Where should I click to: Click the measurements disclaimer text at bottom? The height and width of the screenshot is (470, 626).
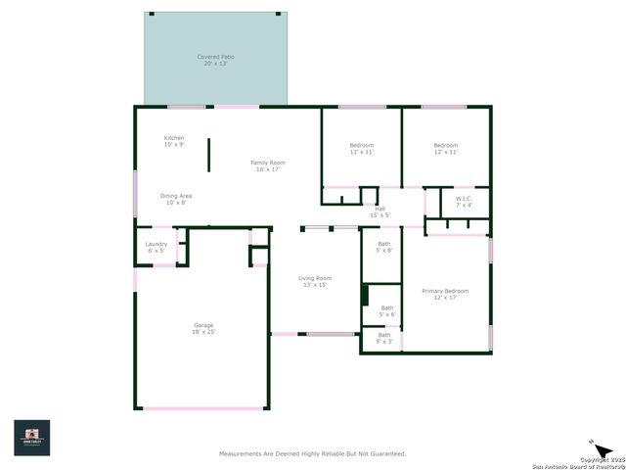click(x=311, y=453)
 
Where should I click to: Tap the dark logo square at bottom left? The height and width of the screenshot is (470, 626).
click(x=31, y=438)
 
